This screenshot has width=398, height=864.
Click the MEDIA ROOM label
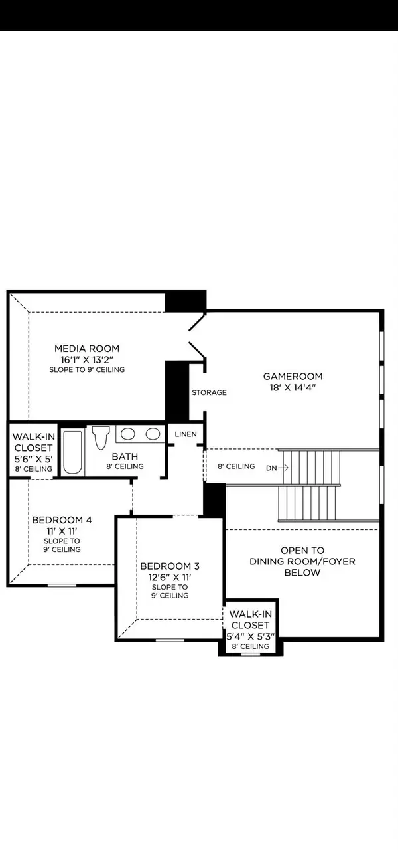[87, 348]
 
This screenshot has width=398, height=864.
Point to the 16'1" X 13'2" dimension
[87, 359]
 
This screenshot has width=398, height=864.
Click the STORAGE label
[209, 392]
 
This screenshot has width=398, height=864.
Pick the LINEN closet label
[186, 434]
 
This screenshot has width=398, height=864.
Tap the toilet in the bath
[101, 438]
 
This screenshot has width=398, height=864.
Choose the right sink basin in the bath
[153, 434]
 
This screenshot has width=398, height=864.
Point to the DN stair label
[271, 467]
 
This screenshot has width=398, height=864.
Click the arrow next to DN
[283, 467]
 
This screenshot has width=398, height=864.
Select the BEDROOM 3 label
[169, 566]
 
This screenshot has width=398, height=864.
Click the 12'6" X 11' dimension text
[169, 577]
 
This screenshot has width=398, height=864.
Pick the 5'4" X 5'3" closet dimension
[249, 636]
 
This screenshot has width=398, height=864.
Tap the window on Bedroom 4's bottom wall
[62, 585]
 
